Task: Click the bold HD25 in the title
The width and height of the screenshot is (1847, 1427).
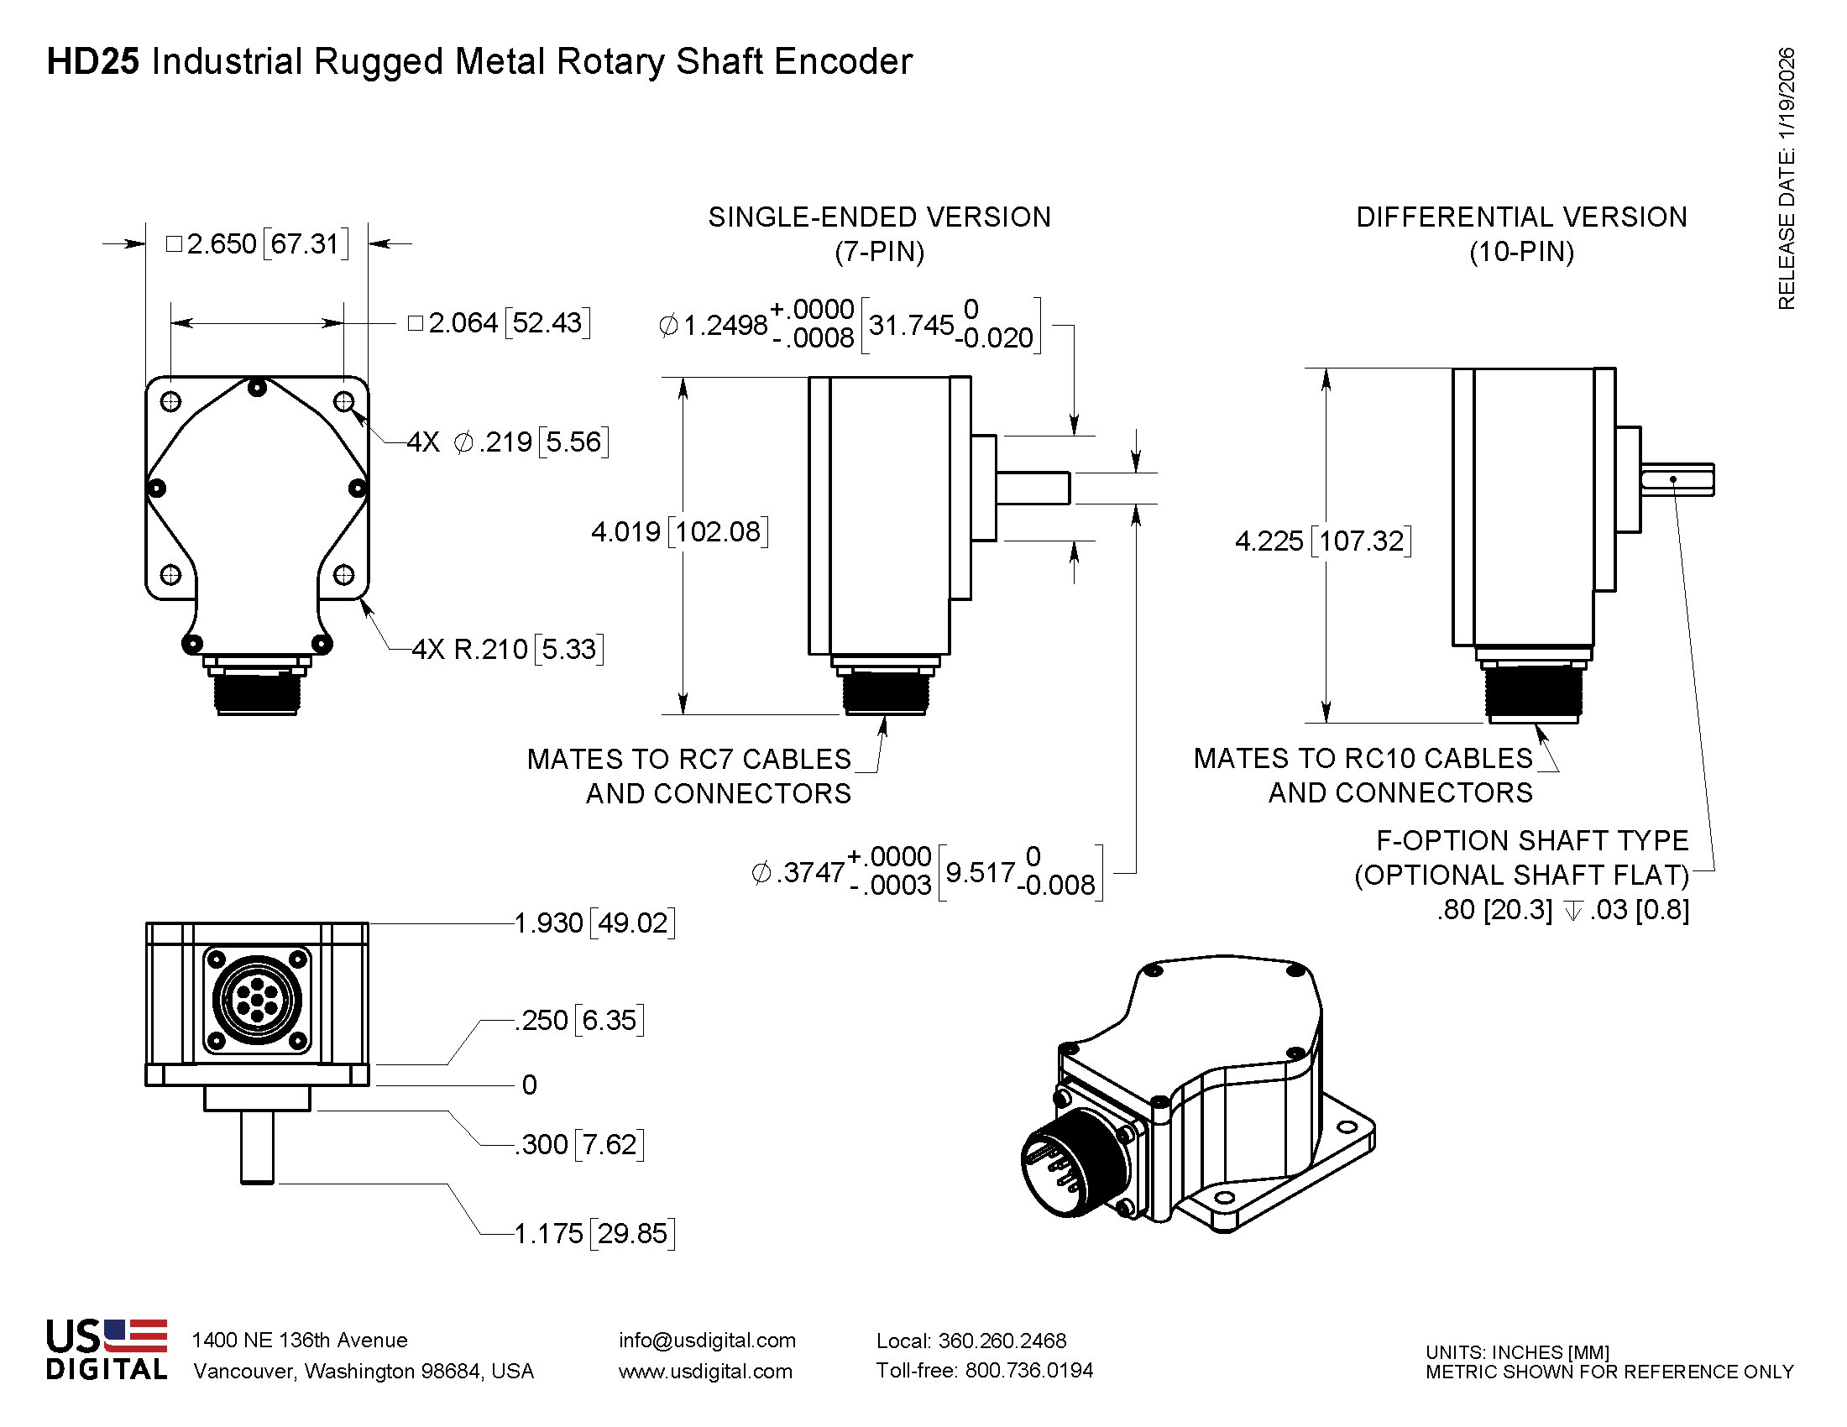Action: [x=92, y=62]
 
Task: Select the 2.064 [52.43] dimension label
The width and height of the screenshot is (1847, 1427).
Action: [x=499, y=323]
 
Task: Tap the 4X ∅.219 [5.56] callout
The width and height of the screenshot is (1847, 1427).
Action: [x=507, y=442]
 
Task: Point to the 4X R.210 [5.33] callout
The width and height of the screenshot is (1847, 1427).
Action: [x=507, y=649]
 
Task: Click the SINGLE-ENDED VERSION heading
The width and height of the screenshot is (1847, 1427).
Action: [x=880, y=217]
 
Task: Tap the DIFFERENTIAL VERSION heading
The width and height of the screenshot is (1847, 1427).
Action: [x=1521, y=217]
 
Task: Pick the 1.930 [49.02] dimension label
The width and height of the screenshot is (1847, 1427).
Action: [x=594, y=923]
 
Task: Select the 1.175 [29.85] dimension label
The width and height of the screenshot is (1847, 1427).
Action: [x=594, y=1233]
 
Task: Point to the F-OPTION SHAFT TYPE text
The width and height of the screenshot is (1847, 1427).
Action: [x=1531, y=840]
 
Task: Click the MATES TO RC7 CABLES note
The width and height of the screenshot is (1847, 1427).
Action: [x=689, y=759]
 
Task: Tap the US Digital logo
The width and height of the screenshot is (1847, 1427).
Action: [x=107, y=1350]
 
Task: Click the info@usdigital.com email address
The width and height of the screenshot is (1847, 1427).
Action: [x=707, y=1341]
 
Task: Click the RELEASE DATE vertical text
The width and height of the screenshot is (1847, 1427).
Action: [x=1786, y=177]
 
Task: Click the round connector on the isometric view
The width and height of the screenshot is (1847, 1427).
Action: [x=1075, y=1163]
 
